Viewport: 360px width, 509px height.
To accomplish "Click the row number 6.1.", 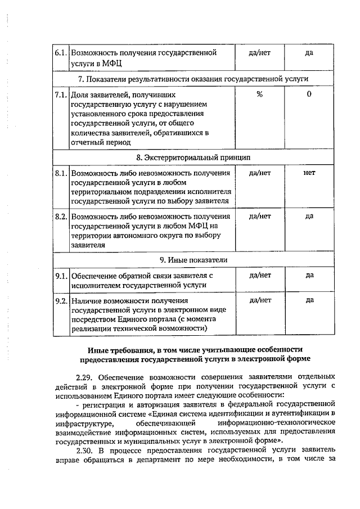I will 61,53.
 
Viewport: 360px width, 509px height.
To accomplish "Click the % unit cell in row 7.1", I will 259,94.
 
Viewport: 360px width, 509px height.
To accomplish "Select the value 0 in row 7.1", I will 309,94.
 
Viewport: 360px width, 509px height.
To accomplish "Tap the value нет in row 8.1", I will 309,173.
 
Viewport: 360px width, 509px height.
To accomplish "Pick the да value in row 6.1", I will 309,53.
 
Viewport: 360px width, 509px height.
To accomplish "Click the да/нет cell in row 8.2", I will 259,216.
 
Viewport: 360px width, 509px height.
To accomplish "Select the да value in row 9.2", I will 309,300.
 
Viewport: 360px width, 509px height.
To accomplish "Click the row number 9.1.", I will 61,275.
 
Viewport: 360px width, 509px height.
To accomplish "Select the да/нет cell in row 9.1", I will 259,275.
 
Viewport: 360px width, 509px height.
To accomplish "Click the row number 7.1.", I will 61,94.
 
